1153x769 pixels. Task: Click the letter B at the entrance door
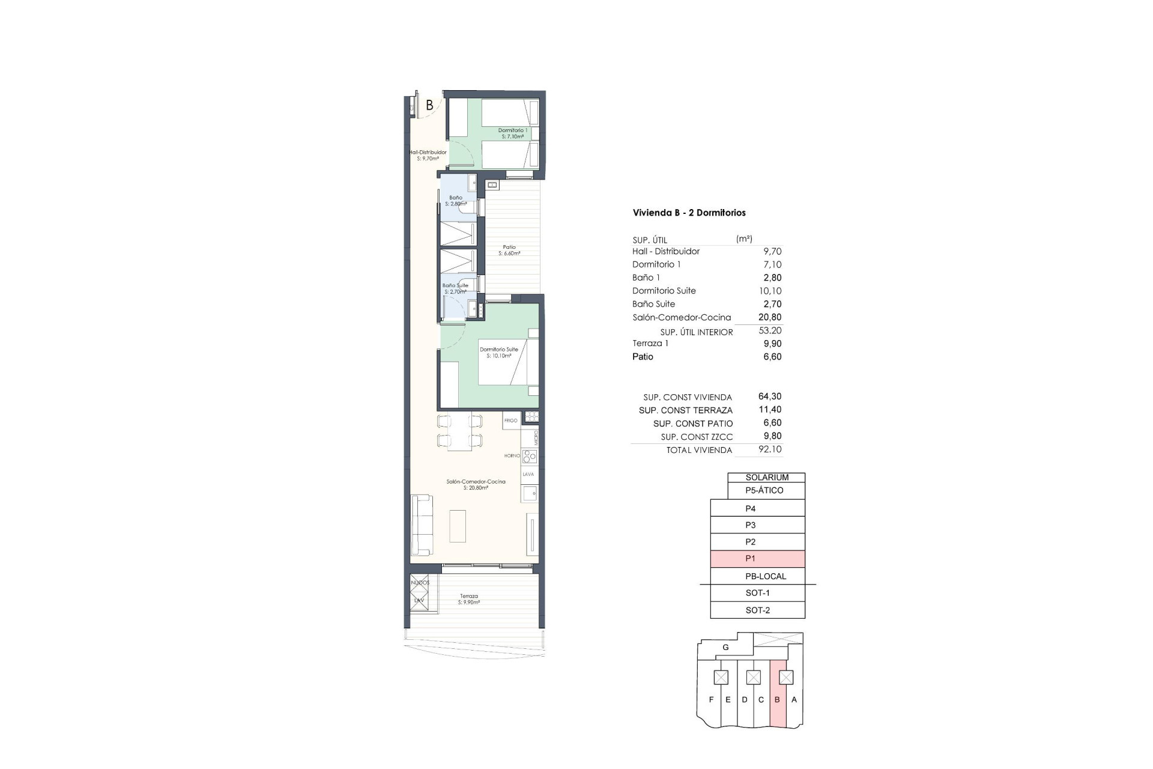429,105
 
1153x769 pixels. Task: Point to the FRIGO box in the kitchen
511,421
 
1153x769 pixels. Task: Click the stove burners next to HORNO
529,457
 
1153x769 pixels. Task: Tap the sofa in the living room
421,525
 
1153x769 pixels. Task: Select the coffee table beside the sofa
458,526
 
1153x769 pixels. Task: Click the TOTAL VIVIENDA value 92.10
770,449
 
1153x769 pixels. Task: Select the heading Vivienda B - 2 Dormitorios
689,213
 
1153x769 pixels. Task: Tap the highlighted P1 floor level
757,559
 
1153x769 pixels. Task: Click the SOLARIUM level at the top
767,478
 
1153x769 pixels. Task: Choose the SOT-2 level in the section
757,610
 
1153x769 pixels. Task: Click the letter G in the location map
725,648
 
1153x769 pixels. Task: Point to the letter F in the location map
711,700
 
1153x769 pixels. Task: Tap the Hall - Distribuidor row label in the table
665,251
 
